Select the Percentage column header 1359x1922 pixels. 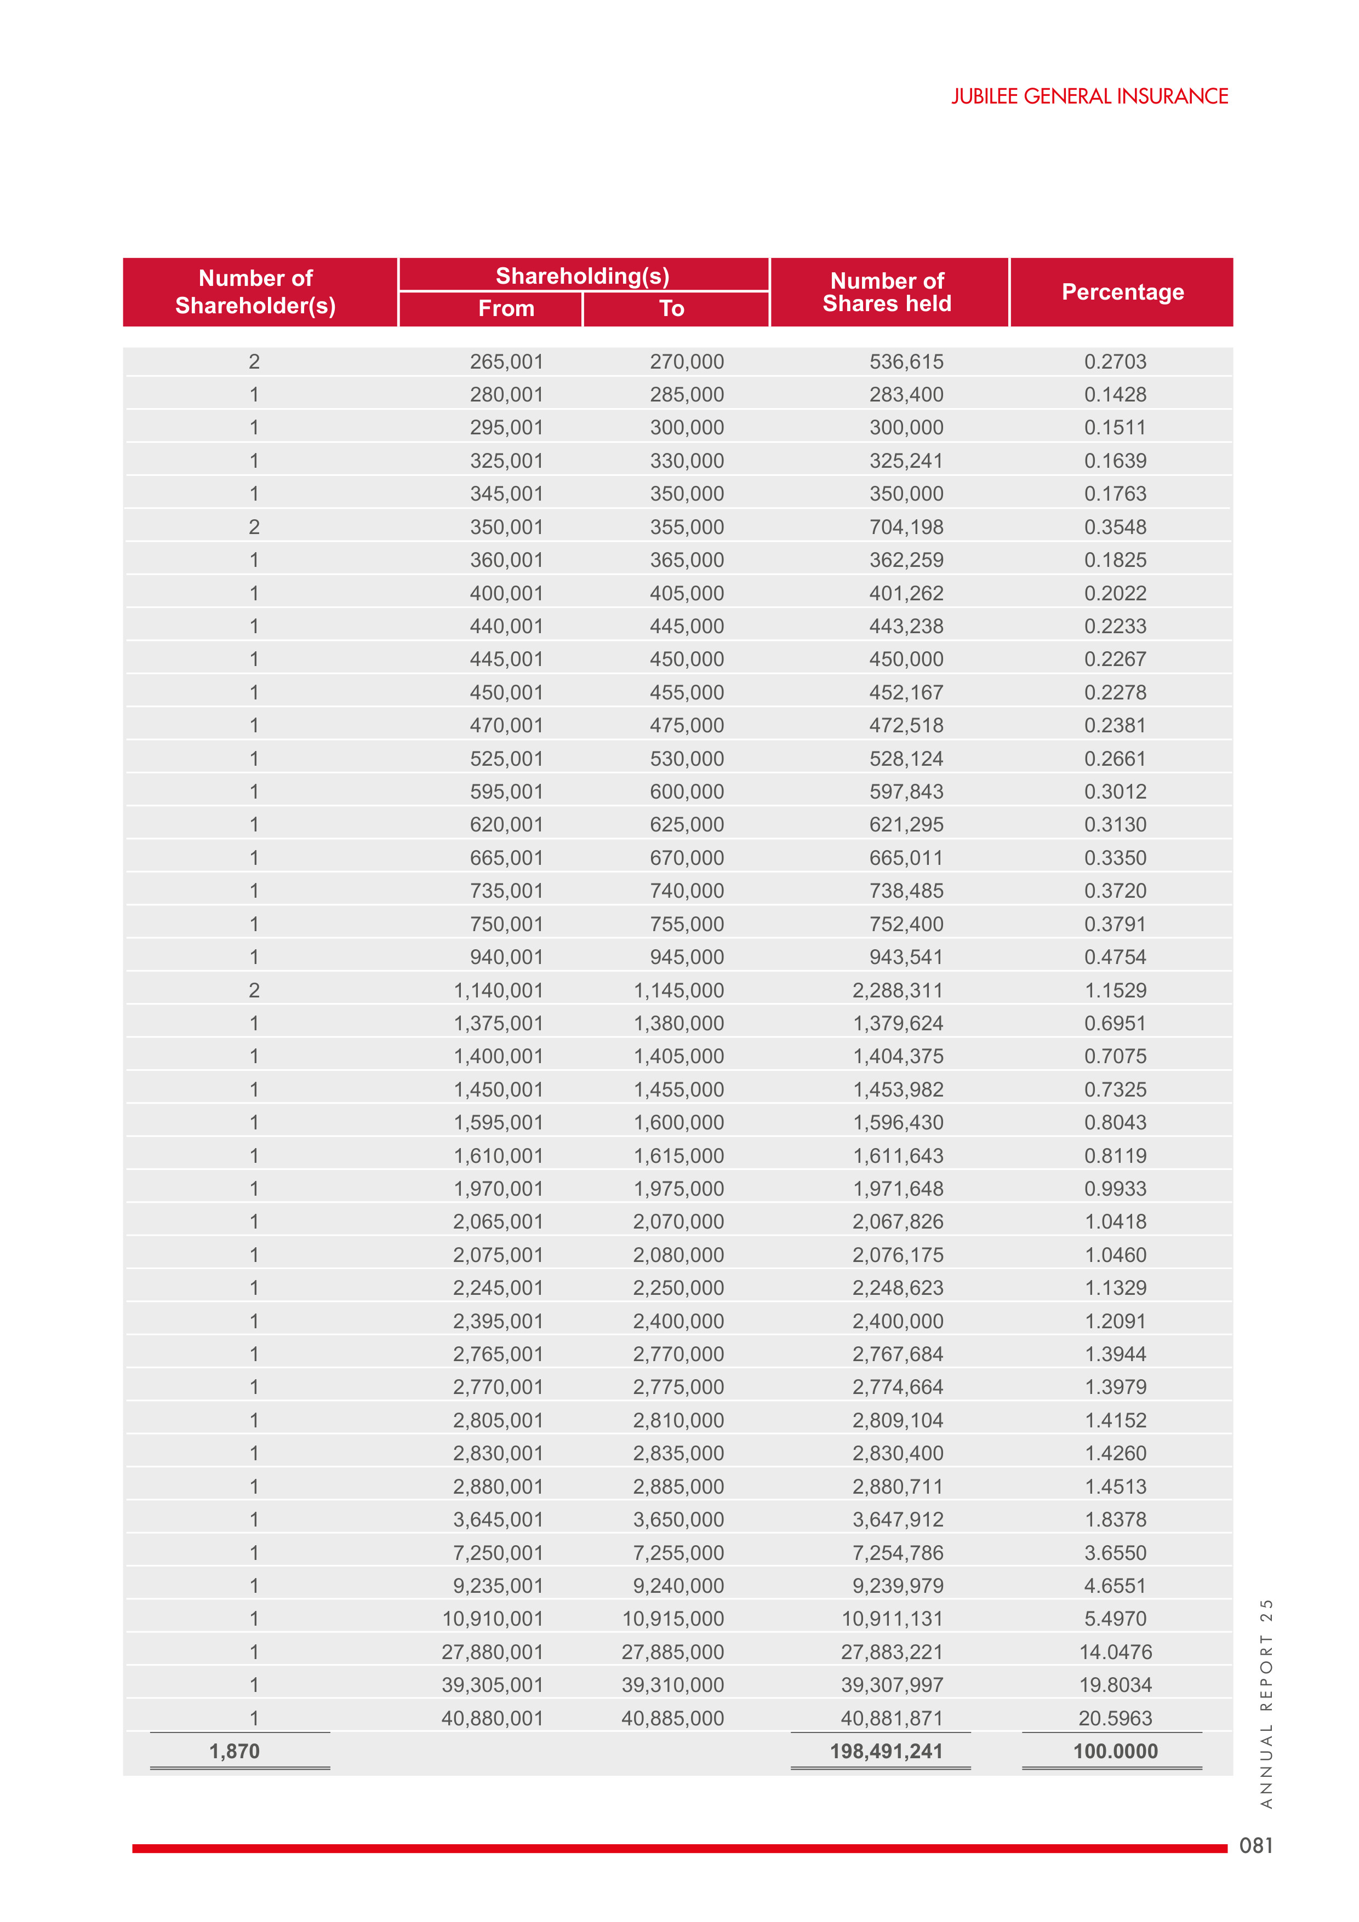tap(1122, 292)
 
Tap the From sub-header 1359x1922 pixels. tap(506, 309)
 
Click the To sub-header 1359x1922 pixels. tap(671, 309)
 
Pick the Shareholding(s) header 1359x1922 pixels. tap(583, 276)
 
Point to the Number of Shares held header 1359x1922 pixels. tap(887, 292)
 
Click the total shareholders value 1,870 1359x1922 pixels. tap(235, 1751)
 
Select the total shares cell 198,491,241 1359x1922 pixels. tap(886, 1751)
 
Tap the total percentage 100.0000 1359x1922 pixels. tap(1115, 1751)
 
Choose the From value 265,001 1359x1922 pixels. tap(506, 362)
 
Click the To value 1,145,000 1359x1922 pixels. tap(678, 990)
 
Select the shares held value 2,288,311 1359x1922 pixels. tap(898, 990)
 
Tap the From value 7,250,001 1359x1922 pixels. tap(498, 1553)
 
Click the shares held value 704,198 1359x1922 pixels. tap(906, 527)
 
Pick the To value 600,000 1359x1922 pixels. tap(687, 792)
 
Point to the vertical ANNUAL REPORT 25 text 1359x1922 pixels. tap(1266, 1703)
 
